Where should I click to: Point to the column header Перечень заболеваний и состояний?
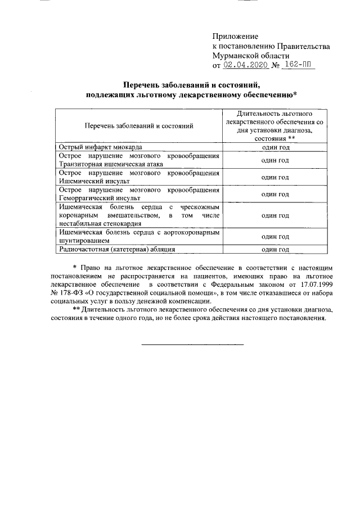[x=139, y=126]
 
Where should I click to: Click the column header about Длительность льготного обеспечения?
[x=275, y=125]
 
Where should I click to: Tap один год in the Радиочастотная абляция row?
[x=275, y=249]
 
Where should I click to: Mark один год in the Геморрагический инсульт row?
[x=275, y=194]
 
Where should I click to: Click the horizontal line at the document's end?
[x=192, y=343]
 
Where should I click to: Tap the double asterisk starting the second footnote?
[x=76, y=310]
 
